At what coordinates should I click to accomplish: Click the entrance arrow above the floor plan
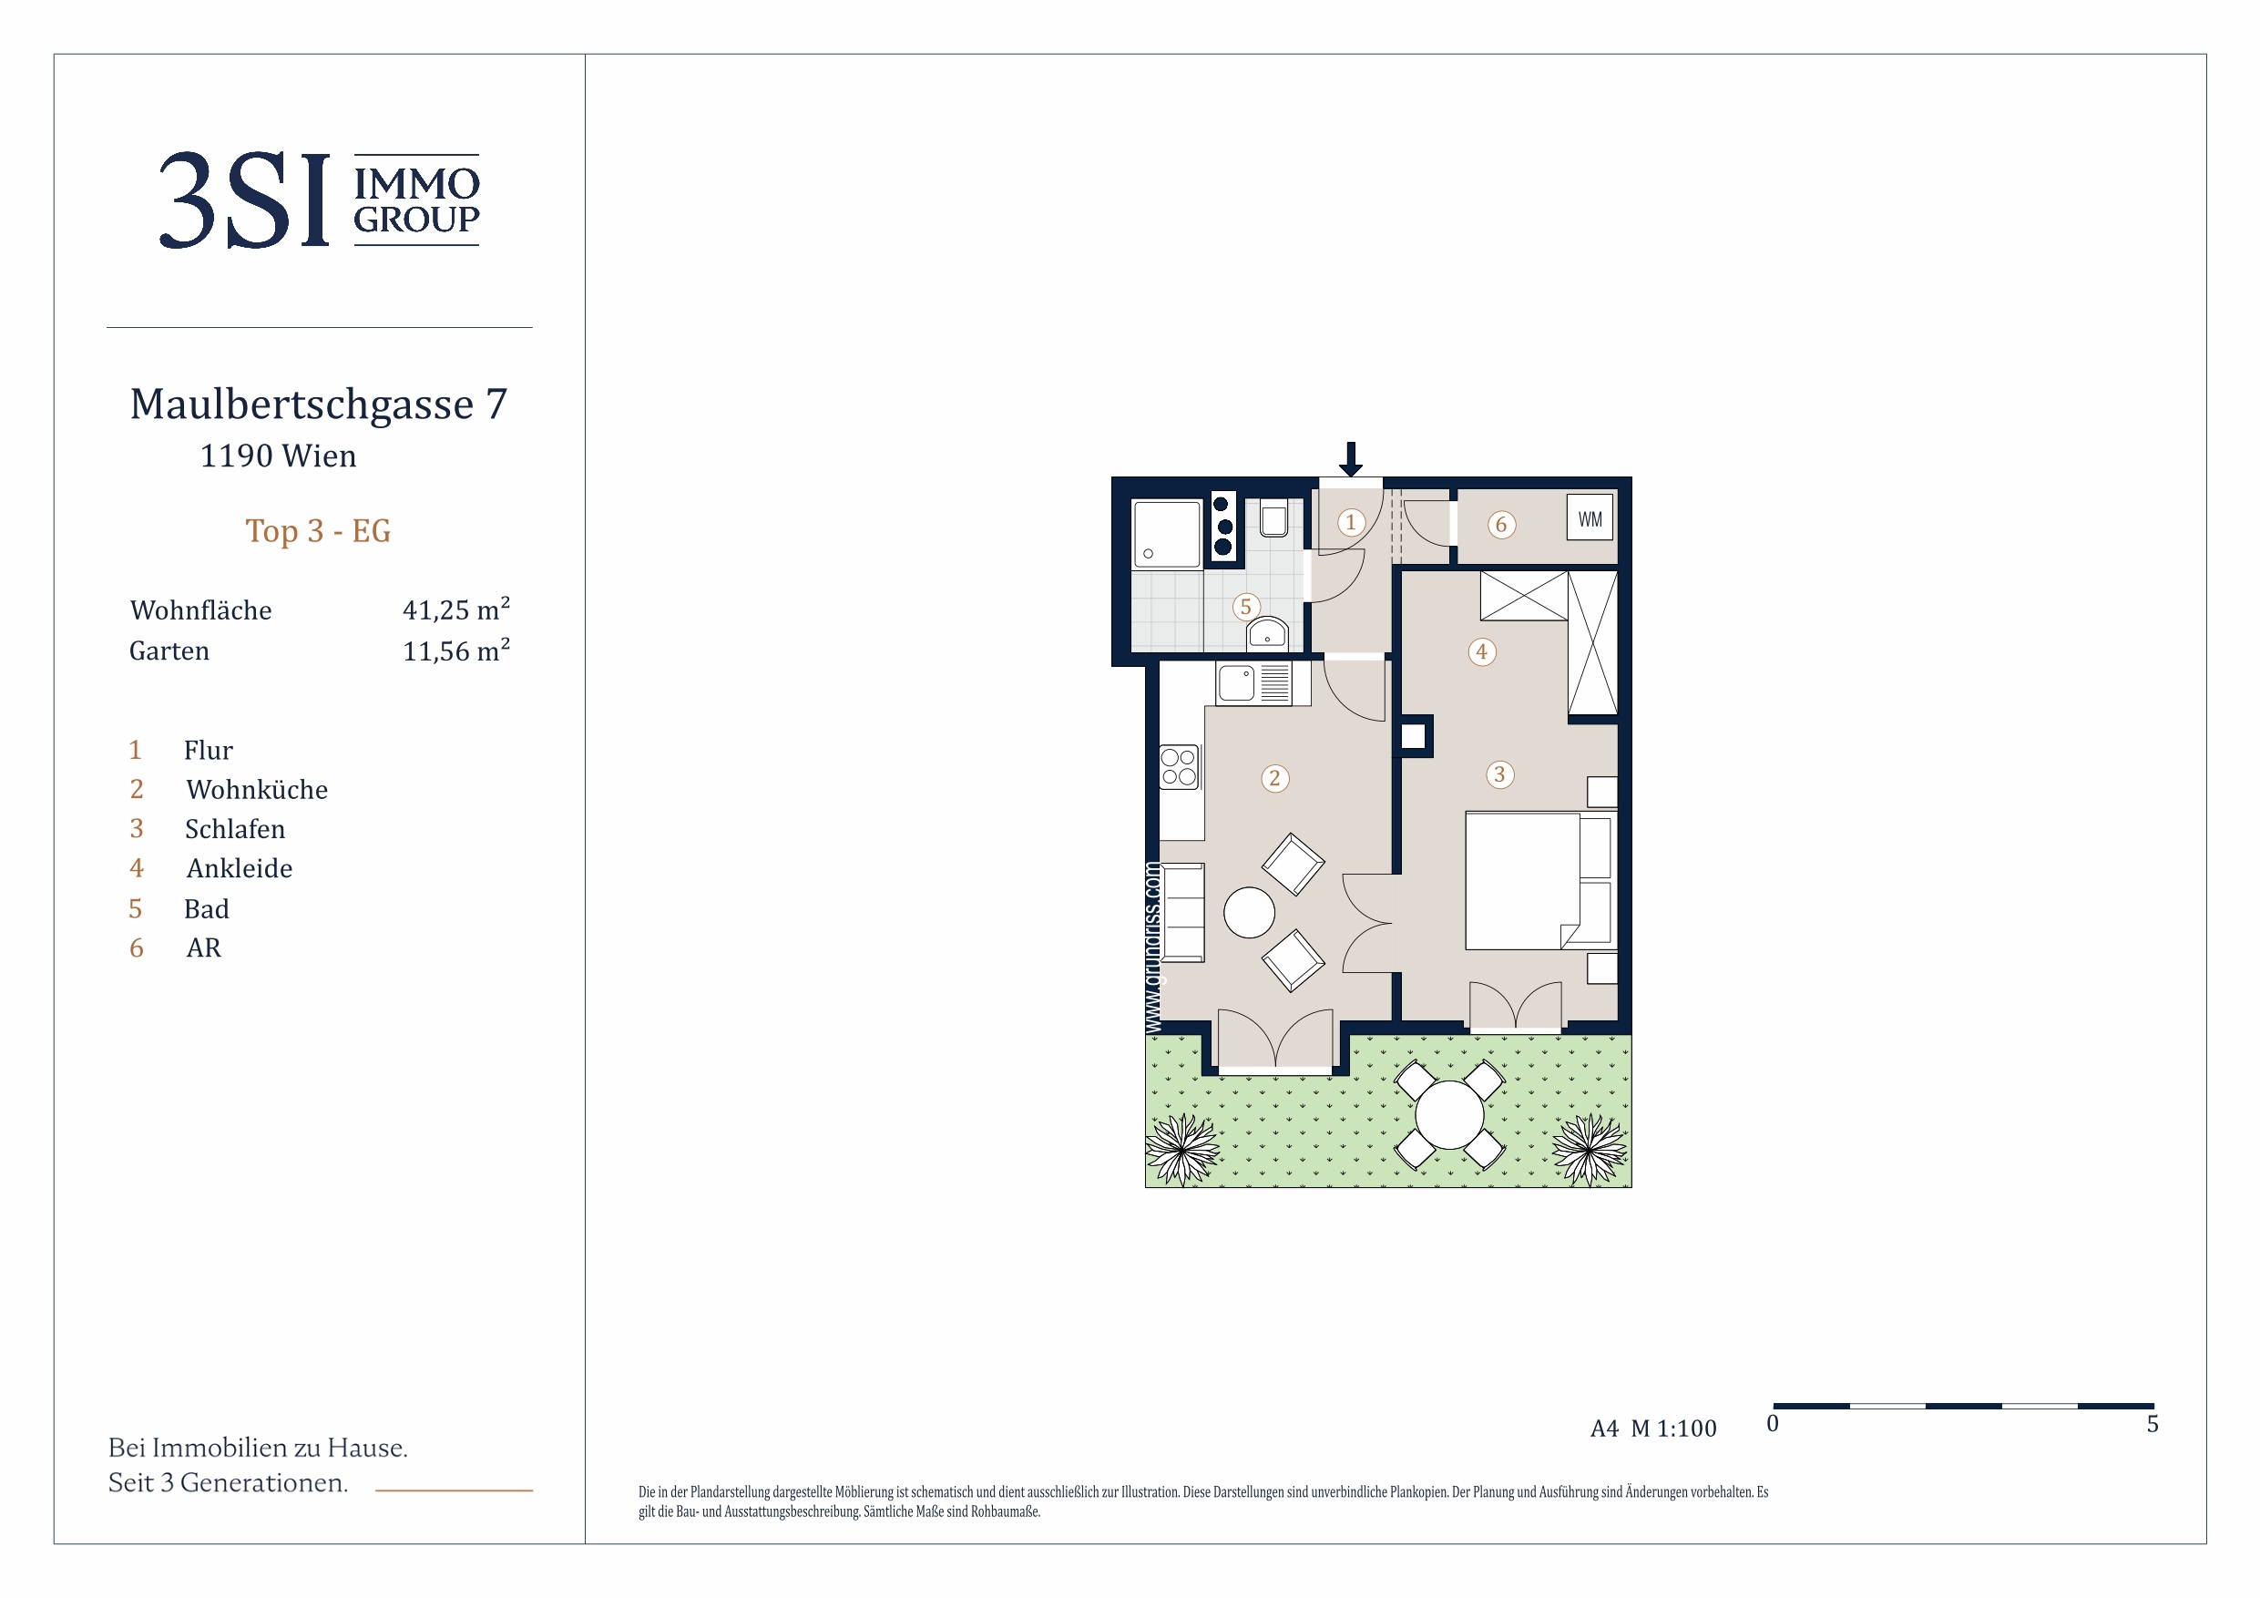tap(1351, 459)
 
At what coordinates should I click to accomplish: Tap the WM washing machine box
tap(1590, 517)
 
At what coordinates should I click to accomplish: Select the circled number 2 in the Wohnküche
tap(1274, 779)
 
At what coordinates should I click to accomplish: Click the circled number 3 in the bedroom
tap(1499, 773)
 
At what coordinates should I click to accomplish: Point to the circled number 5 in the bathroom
tap(1246, 607)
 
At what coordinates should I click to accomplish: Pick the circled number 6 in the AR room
tap(1501, 524)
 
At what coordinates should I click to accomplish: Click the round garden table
tap(1449, 1114)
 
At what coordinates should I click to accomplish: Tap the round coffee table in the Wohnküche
tap(1249, 913)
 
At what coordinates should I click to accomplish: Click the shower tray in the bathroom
tap(1166, 534)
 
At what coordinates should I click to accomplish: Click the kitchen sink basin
tap(1236, 683)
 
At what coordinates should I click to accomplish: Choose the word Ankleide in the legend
tap(240, 868)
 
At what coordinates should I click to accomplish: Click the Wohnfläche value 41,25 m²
tap(455, 609)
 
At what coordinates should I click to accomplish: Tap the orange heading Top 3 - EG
tap(318, 531)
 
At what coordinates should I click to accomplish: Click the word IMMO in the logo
tap(417, 183)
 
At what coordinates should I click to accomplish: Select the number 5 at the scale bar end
tap(2152, 1424)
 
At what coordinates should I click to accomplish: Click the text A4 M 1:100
tap(1652, 1428)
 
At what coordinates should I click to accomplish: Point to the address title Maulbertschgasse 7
tap(319, 404)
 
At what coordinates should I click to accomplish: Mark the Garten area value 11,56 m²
tap(455, 650)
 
